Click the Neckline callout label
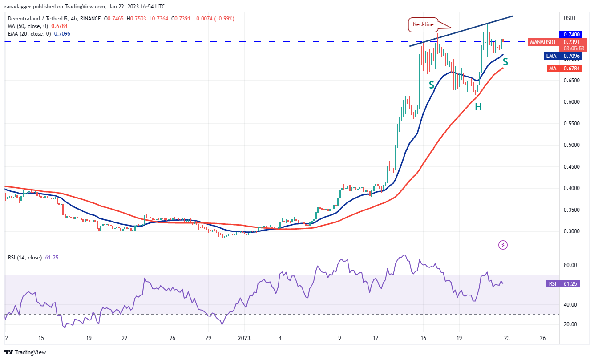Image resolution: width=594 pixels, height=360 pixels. click(422, 24)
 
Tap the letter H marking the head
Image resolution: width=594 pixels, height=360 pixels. click(478, 106)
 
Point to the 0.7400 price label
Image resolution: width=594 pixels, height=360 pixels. click(571, 34)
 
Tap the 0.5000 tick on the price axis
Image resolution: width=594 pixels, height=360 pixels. click(571, 145)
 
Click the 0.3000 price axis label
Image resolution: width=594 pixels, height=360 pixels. click(571, 231)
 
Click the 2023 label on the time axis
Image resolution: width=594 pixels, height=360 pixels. click(244, 338)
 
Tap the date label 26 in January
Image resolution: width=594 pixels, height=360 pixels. click(542, 338)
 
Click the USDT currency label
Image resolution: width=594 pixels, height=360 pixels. click(570, 18)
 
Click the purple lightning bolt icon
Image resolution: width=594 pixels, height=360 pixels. click(503, 245)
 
